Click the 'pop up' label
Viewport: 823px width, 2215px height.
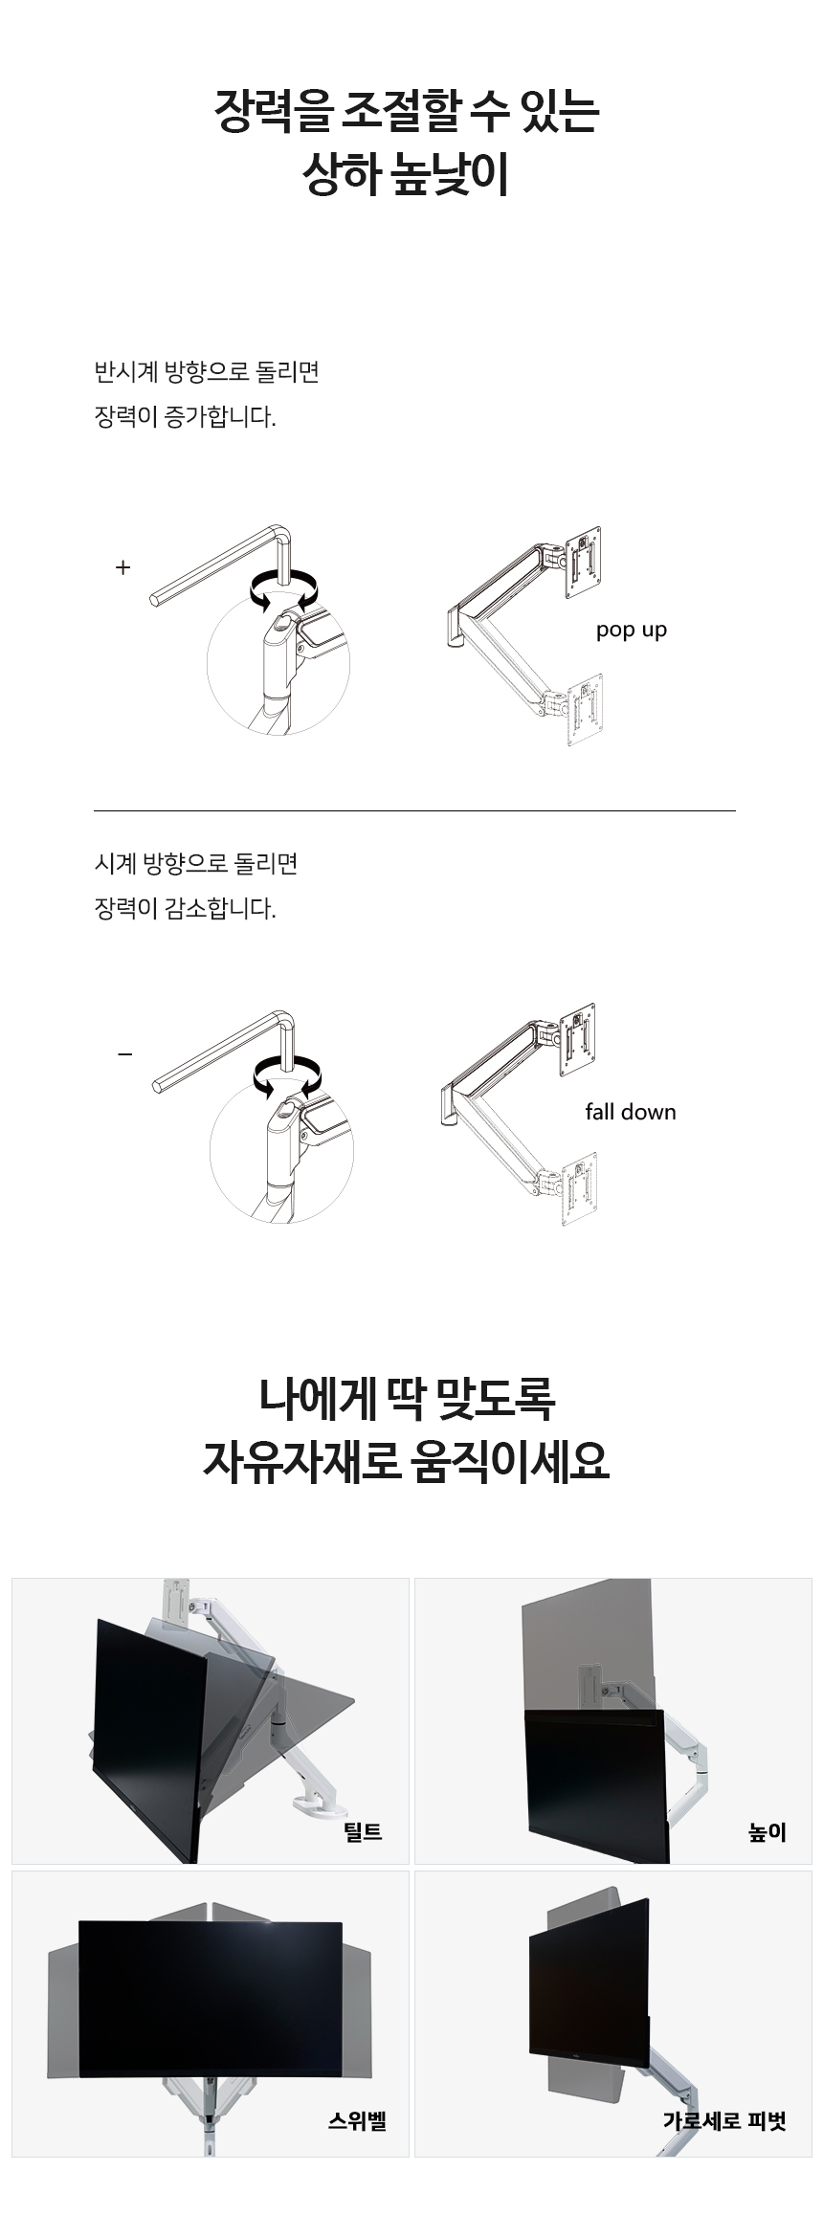[631, 631]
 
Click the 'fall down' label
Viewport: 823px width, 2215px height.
[631, 1112]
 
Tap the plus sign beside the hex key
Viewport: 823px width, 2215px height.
[122, 567]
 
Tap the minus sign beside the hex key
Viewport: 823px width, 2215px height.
[124, 1054]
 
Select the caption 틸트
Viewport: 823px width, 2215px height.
[363, 1831]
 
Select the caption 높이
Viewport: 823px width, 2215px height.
[767, 1831]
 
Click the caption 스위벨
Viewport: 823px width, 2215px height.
[357, 2121]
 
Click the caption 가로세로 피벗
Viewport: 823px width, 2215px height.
[724, 2121]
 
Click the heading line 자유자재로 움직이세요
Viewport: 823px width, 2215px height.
[406, 1461]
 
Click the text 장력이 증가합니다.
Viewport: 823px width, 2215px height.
[185, 417]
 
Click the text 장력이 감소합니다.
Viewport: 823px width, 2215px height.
[185, 908]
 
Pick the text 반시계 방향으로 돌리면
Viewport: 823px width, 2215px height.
[206, 371]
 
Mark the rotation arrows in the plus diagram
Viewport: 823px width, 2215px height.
[283, 589]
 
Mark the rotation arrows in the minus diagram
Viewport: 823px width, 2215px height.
[287, 1074]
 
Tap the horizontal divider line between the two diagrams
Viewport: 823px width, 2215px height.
[414, 810]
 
